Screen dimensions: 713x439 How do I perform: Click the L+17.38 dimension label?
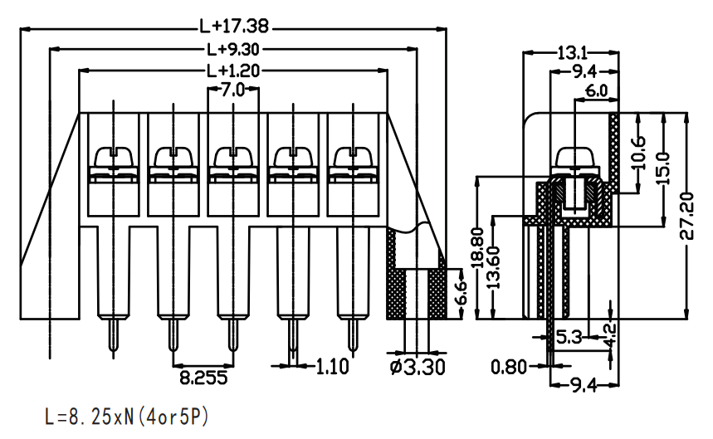234,27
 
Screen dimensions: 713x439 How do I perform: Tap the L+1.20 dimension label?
232,71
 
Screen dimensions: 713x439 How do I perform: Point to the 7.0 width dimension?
232,90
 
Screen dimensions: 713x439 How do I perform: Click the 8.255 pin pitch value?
203,378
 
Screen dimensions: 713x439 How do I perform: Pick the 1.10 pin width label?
332,366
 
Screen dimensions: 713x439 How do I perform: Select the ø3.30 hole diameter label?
418,367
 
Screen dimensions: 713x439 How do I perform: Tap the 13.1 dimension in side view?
572,53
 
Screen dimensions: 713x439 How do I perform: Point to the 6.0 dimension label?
596,91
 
